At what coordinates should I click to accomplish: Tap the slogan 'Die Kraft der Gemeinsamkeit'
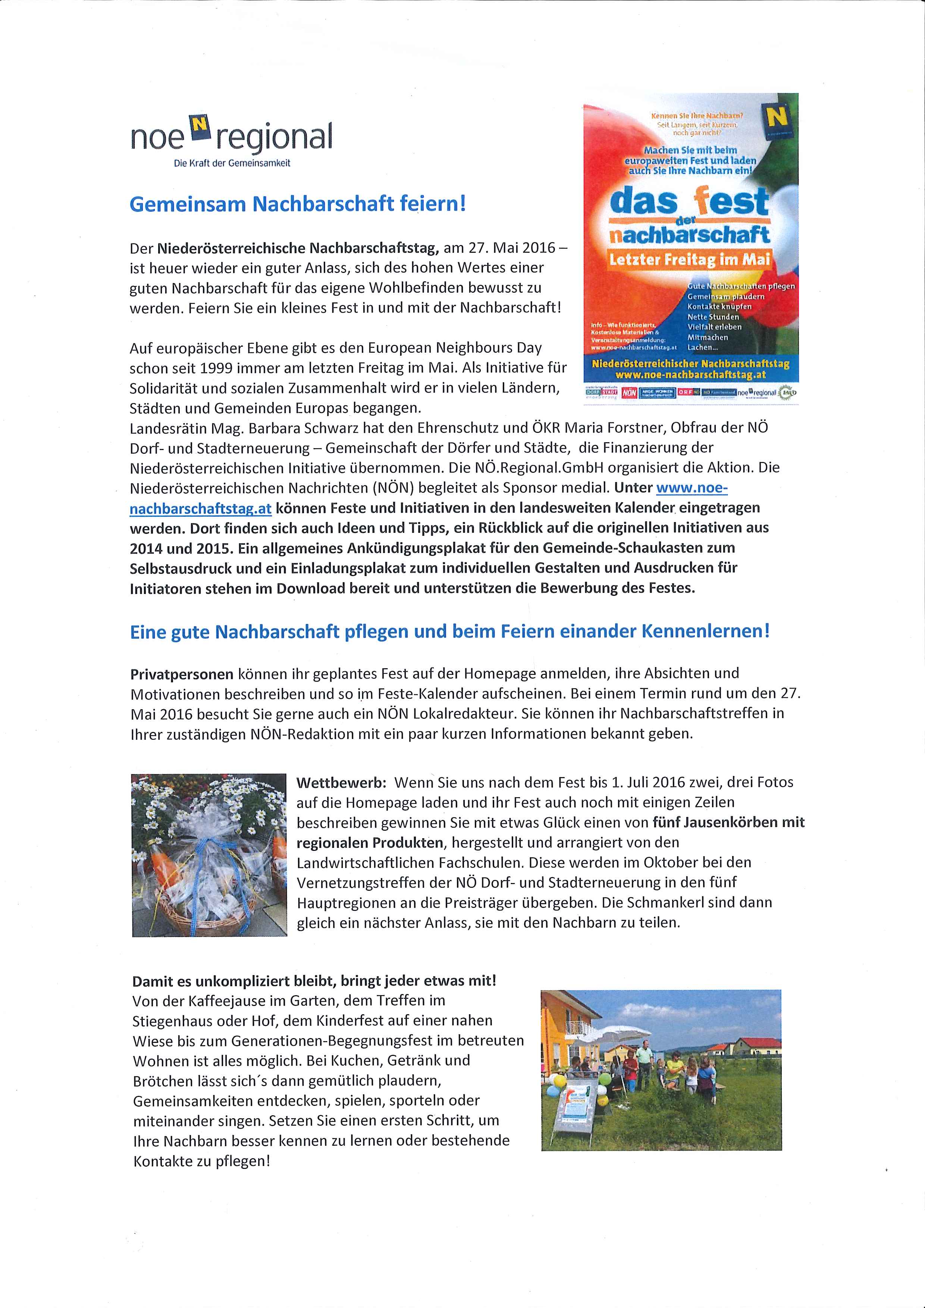pyautogui.click(x=232, y=163)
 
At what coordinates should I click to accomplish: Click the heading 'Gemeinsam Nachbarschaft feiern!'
pyautogui.click(x=298, y=204)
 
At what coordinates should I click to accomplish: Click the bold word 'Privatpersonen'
pyautogui.click(x=182, y=674)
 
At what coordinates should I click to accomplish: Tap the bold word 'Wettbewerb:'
pyautogui.click(x=341, y=782)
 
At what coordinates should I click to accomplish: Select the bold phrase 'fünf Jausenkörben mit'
pyautogui.click(x=728, y=822)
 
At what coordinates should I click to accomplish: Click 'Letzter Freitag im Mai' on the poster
pyautogui.click(x=690, y=260)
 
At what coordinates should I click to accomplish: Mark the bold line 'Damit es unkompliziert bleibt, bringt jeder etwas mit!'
pyautogui.click(x=314, y=981)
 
